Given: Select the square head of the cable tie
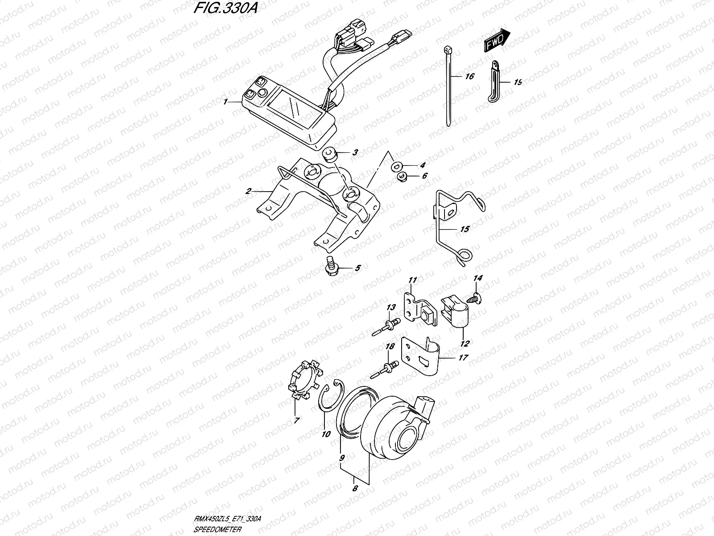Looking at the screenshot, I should point(447,49).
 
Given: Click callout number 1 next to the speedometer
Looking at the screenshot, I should point(226,102).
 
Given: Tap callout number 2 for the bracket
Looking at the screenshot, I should point(249,191).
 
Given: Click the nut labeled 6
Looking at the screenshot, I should point(402,176).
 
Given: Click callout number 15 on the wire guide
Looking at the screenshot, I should point(464,229).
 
